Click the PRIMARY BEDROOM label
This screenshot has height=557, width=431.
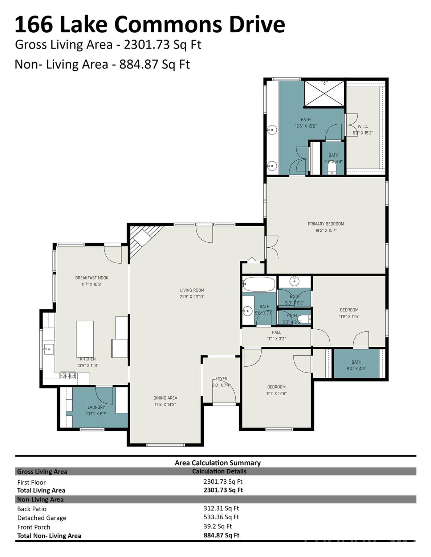(326, 224)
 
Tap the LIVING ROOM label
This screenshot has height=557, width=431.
(192, 290)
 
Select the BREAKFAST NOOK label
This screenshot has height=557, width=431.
(92, 278)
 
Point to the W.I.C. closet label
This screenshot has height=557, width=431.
(362, 126)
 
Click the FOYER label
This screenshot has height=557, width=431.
(221, 379)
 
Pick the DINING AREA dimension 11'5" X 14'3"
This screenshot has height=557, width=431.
(165, 404)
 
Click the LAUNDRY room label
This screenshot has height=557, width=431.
(96, 407)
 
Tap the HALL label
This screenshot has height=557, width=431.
(276, 332)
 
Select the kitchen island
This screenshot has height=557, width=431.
(85, 339)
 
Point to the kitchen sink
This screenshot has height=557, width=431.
(48, 349)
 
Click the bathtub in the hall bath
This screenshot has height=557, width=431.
(259, 284)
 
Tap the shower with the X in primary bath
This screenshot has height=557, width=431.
(324, 94)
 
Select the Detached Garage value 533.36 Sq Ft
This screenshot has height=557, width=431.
(221, 517)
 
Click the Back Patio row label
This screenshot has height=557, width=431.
(32, 509)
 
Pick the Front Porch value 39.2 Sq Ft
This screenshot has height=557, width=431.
(217, 526)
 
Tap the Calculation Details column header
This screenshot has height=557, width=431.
(219, 471)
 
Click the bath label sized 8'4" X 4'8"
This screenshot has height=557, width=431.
(356, 362)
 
